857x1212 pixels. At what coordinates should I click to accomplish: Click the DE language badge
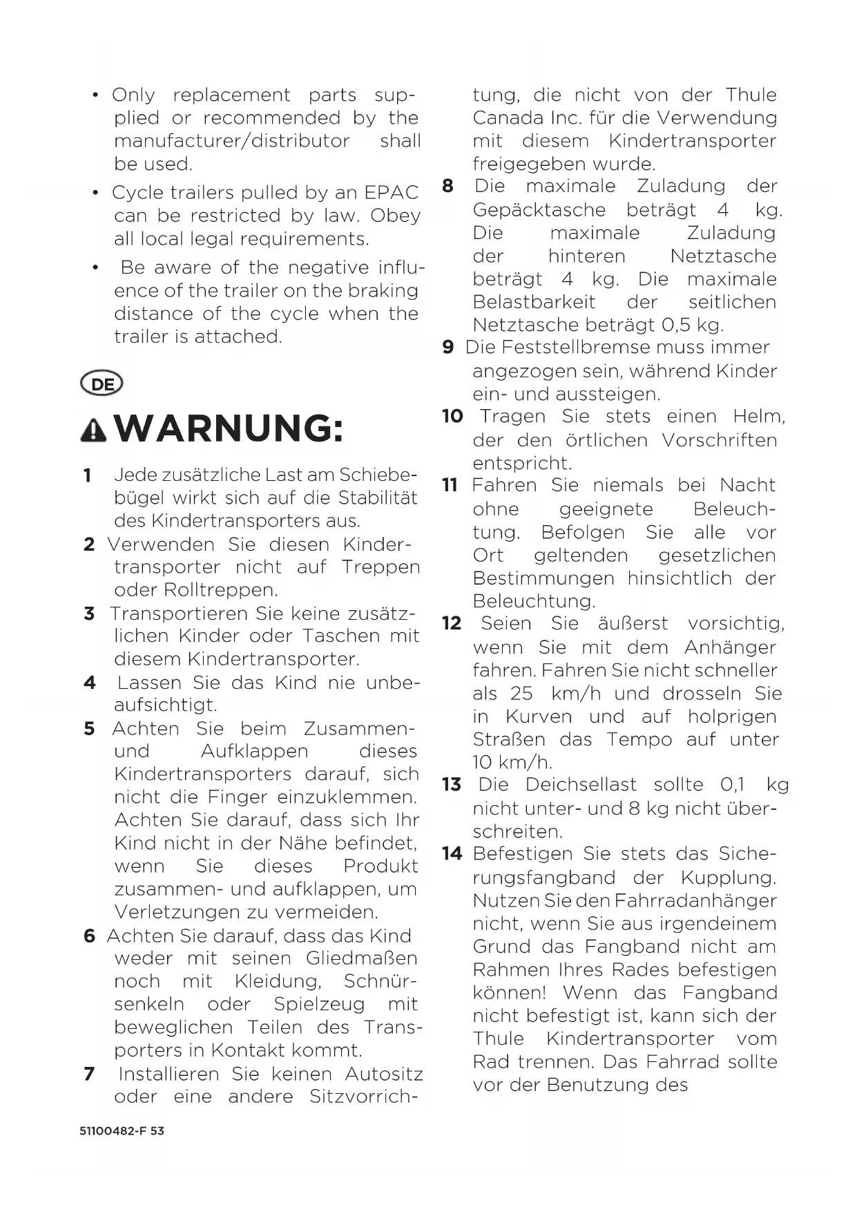(102, 384)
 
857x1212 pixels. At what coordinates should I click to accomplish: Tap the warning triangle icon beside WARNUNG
(93, 430)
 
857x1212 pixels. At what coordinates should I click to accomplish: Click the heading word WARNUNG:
(229, 428)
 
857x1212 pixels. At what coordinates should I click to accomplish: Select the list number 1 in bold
(87, 475)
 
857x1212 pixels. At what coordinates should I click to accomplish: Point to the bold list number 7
(89, 1074)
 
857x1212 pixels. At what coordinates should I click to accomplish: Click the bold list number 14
(452, 854)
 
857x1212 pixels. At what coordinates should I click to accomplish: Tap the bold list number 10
(452, 416)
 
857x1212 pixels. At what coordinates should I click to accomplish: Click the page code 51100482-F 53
(122, 1131)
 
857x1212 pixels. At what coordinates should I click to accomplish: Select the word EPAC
(391, 193)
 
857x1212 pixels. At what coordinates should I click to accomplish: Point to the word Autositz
(383, 1074)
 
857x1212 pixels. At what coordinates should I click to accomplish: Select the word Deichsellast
(581, 785)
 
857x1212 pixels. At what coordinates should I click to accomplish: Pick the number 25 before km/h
(521, 693)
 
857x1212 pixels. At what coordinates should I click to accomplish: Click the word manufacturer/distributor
(232, 141)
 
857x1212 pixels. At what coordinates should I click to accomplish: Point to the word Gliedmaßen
(362, 958)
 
